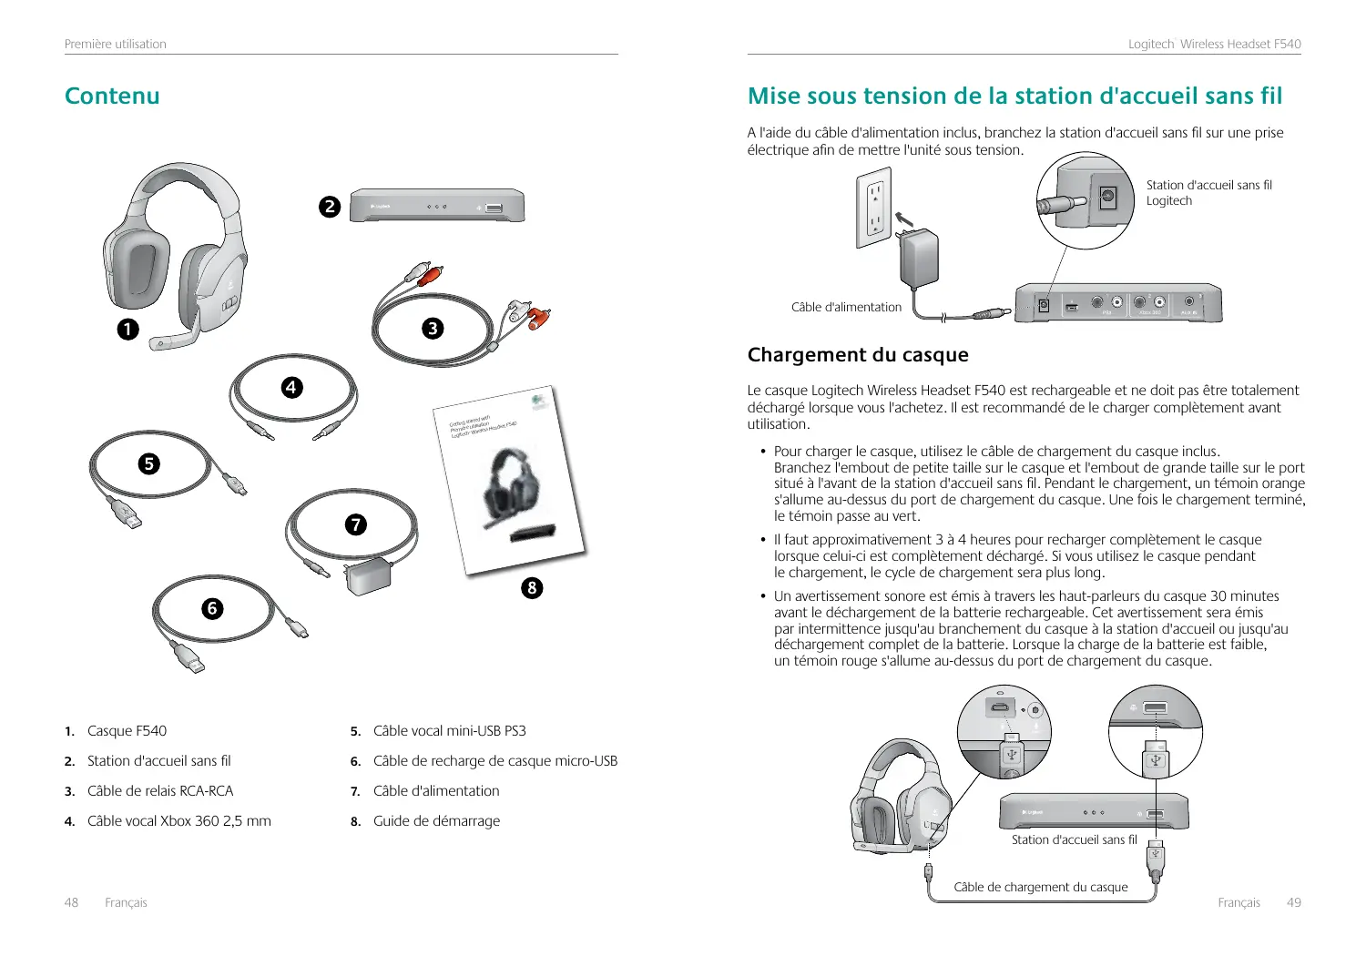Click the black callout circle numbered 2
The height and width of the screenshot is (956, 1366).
tap(330, 207)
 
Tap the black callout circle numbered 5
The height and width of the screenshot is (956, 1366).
tap(148, 463)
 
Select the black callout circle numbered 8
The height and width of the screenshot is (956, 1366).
tap(532, 587)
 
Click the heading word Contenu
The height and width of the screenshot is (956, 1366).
tap(112, 96)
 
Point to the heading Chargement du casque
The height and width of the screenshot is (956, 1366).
tap(857, 354)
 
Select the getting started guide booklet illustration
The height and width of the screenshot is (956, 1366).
tap(510, 483)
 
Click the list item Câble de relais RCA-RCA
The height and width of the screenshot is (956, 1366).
tap(160, 790)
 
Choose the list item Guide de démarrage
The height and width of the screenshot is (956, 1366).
tap(436, 820)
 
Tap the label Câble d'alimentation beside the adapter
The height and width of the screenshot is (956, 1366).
tap(846, 307)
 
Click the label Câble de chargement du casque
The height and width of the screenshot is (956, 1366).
tap(1040, 887)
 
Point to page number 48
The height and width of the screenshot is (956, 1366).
tap(71, 902)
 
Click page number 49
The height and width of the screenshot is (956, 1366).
tap(1293, 902)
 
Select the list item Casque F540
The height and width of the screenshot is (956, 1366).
tap(127, 730)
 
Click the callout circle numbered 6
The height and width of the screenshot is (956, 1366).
tap(212, 608)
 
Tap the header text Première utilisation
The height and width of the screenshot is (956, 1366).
tap(116, 44)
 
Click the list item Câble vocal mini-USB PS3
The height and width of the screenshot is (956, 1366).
tap(449, 730)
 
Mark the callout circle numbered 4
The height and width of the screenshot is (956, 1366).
tap(291, 387)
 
